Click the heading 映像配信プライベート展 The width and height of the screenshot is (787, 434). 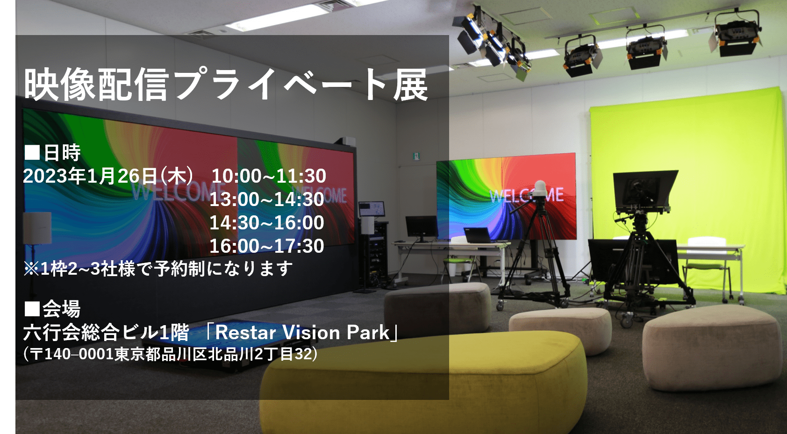226,84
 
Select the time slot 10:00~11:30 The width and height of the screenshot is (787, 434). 269,176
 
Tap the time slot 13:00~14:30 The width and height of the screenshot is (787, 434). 267,199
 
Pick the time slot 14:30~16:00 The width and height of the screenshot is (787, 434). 267,223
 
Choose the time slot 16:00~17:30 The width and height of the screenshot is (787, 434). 267,246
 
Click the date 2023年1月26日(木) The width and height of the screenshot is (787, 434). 108,176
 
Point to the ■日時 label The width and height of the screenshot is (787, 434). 52,152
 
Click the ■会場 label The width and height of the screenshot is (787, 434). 52,309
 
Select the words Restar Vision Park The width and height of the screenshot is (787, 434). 302,332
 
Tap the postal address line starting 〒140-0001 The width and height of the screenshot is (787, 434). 171,354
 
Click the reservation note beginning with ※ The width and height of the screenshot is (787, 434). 158,269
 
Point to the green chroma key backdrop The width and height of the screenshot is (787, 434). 689,190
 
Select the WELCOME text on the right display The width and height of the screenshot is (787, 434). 526,196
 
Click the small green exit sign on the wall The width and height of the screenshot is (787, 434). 416,156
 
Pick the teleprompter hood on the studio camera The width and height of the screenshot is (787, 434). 646,190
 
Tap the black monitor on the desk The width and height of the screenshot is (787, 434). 422,227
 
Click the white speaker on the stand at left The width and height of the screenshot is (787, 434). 37,228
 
